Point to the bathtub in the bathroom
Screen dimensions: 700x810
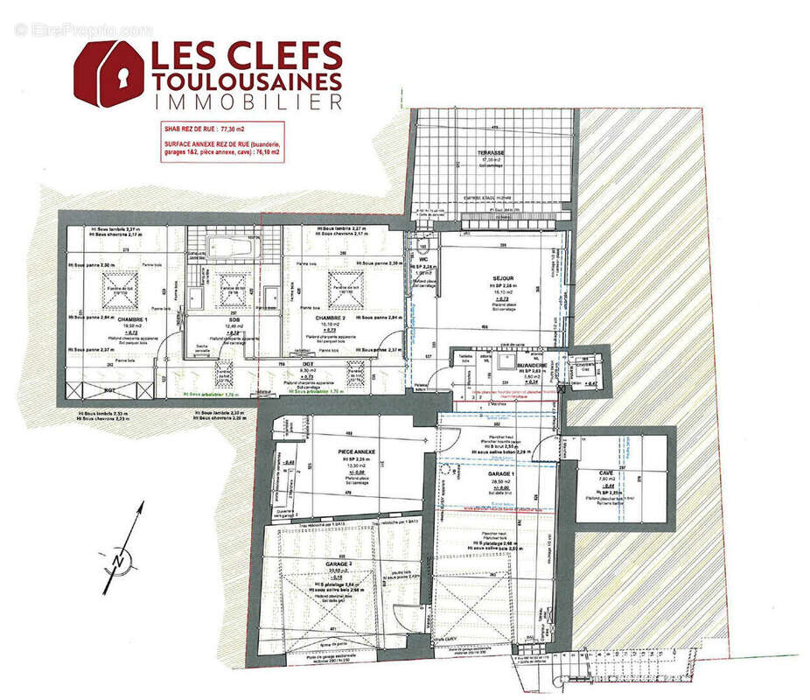[232, 246]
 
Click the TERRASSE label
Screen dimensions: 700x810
[490, 152]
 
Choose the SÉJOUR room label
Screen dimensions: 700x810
[502, 278]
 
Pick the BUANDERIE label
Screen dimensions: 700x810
[531, 366]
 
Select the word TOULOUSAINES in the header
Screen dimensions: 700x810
[246, 80]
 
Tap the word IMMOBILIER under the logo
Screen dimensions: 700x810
[247, 102]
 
